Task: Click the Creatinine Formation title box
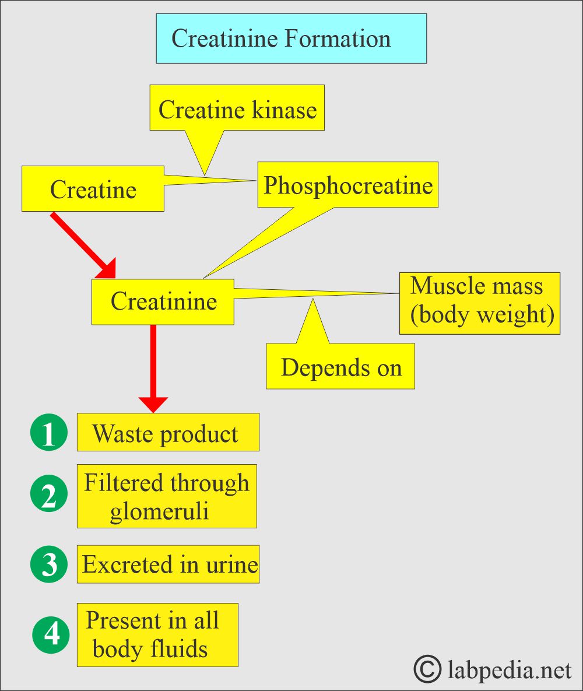click(x=291, y=38)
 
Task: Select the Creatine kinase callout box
click(x=237, y=108)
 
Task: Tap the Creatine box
click(x=93, y=189)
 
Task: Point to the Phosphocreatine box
click(x=347, y=185)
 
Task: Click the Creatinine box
click(x=163, y=301)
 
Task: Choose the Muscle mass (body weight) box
click(x=479, y=303)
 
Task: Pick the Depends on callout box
click(x=340, y=367)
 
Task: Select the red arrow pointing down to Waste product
click(x=153, y=367)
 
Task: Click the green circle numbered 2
click(x=49, y=496)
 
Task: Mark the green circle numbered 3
click(x=49, y=564)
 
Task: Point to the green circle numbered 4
click(x=51, y=634)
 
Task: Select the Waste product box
click(x=167, y=433)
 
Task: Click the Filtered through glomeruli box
click(x=166, y=496)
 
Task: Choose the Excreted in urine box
click(x=168, y=564)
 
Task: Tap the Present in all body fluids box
click(x=157, y=634)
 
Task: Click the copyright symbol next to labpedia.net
click(x=427, y=669)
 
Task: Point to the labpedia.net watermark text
click(x=510, y=670)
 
